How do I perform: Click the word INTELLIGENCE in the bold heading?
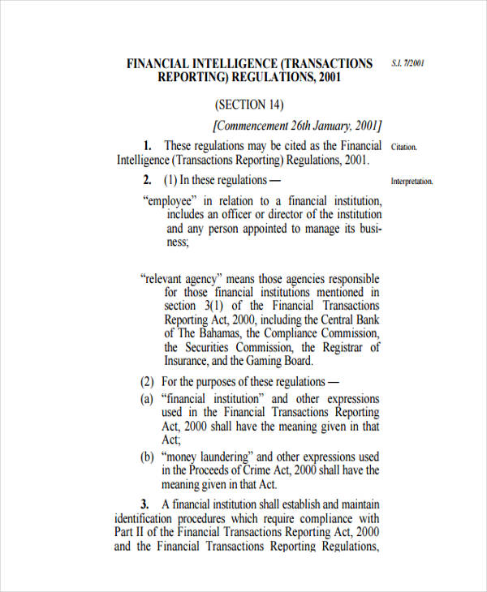[231, 63]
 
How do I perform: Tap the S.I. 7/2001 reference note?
[408, 62]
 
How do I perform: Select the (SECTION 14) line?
[250, 105]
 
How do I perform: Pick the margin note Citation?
[403, 147]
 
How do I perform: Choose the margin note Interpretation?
[412, 182]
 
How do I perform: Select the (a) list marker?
[147, 399]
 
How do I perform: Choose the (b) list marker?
[147, 457]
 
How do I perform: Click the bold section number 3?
[145, 504]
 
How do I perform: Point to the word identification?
[146, 518]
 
